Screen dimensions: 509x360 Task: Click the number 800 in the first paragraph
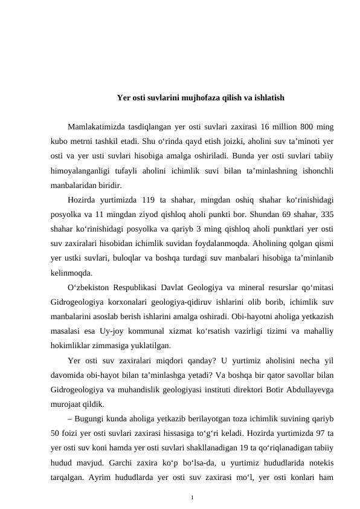pyautogui.click(x=307, y=127)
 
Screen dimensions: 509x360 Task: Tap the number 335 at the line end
pyautogui.click(x=328, y=215)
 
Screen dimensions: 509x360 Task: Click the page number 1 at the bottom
pyautogui.click(x=192, y=498)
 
